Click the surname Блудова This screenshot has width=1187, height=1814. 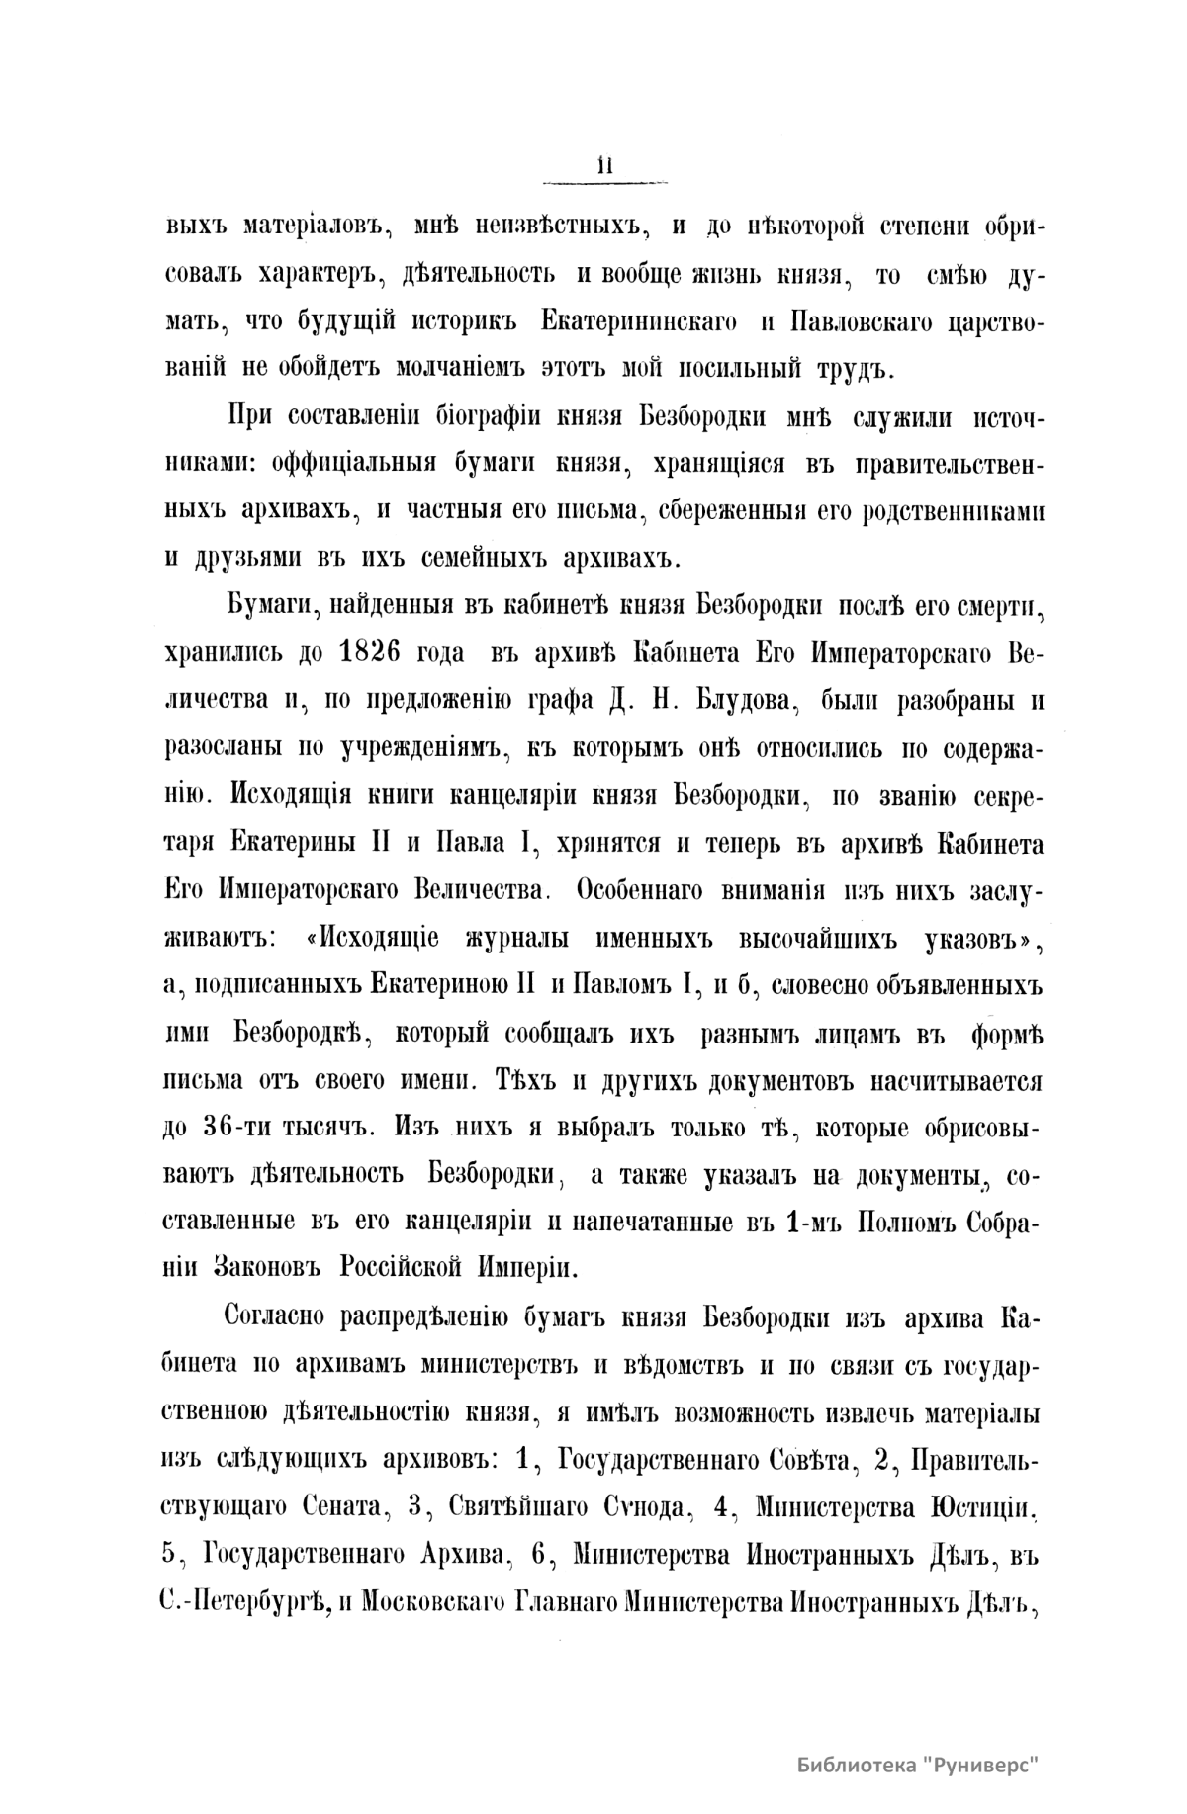coord(719,700)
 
